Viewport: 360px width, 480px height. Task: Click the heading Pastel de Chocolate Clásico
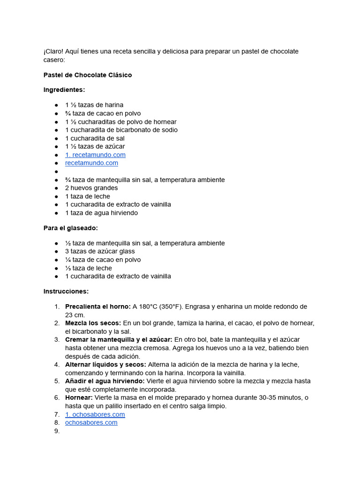(x=88, y=75)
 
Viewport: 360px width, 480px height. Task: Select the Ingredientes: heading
(x=64, y=90)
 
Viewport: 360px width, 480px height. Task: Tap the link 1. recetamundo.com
(x=95, y=155)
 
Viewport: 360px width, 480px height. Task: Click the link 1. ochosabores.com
(x=95, y=414)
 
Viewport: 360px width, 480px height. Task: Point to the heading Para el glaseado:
(x=70, y=228)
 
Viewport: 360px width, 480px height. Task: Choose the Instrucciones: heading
(x=66, y=291)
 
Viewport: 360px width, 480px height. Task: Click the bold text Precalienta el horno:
(x=97, y=307)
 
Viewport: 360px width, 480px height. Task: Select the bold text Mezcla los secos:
(x=93, y=323)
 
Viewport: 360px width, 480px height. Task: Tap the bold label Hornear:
(x=79, y=397)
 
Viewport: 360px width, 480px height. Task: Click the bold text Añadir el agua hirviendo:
(x=105, y=381)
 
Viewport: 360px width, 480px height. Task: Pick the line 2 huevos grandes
(x=91, y=188)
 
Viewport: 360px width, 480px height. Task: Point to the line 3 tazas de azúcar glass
(x=100, y=251)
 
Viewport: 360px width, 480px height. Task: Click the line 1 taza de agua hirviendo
(x=101, y=213)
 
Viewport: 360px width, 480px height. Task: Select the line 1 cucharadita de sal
(x=95, y=138)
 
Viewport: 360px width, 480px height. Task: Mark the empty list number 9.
(x=57, y=431)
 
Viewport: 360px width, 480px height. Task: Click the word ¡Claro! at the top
(x=52, y=51)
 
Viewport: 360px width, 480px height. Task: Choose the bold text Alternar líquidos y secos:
(x=105, y=364)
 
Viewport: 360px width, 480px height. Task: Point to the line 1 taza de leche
(x=88, y=196)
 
